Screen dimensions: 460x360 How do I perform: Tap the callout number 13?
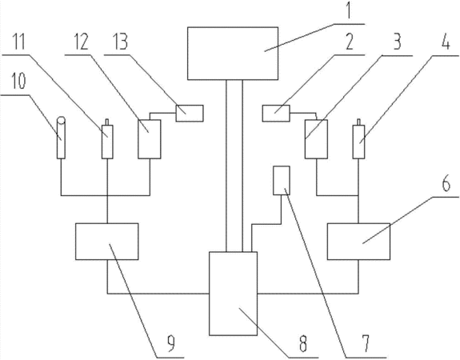[120, 42]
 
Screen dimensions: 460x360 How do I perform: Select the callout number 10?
[19, 81]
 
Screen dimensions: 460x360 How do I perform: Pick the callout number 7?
[366, 343]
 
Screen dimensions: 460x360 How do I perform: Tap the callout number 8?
[303, 343]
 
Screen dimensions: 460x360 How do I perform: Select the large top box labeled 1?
[233, 54]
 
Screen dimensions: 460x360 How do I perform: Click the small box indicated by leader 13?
[190, 114]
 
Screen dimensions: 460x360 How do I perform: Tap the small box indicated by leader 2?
[276, 114]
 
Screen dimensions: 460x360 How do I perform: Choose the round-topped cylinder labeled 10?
[61, 138]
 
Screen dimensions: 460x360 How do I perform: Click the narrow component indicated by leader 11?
[107, 138]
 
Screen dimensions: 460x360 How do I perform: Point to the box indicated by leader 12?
[150, 139]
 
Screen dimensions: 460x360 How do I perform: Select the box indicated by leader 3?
[316, 139]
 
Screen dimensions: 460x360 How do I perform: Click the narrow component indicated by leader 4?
[358, 138]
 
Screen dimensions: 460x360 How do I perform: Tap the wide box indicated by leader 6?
[358, 242]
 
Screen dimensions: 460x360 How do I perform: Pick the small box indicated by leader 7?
[282, 181]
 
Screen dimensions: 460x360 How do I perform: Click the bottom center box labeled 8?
[234, 294]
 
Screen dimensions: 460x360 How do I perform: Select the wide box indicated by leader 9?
[106, 242]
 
